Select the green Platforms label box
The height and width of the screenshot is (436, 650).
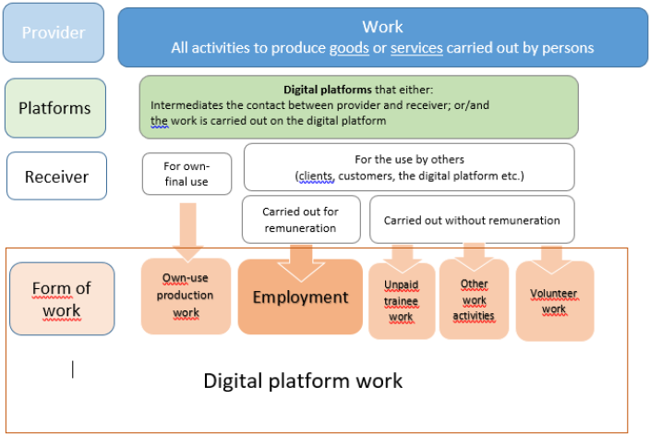point(55,107)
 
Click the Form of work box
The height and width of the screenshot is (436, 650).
point(62,298)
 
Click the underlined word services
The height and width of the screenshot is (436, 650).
point(417,47)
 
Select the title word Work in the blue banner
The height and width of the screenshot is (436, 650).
point(382,27)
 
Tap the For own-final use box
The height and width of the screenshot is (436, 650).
point(187,174)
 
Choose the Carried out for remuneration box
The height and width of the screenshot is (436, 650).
point(299,219)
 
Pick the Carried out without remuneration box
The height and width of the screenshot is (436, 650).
point(471,220)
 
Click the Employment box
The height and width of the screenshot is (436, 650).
point(300,297)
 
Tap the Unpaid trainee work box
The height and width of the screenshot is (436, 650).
point(401,301)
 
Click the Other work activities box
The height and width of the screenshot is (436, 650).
point(475,299)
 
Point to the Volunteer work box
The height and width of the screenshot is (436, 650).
point(553,300)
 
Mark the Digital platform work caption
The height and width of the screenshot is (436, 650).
point(303,380)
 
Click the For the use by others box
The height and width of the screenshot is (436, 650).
point(408,167)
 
